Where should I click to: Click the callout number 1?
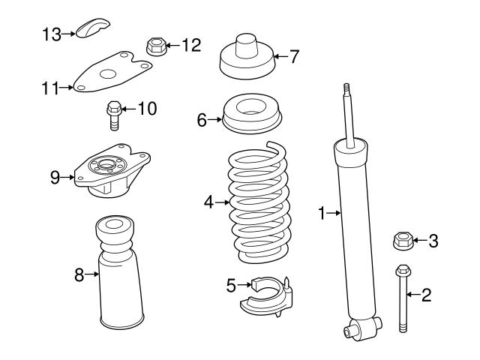coord(322,214)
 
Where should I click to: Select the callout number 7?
coord(295,55)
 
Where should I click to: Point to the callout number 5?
coord(231,284)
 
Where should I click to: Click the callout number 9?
coord(55,177)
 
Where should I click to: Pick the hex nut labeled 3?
coord(403,241)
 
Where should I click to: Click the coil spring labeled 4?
coord(258,202)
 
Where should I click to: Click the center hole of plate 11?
coord(108,73)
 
